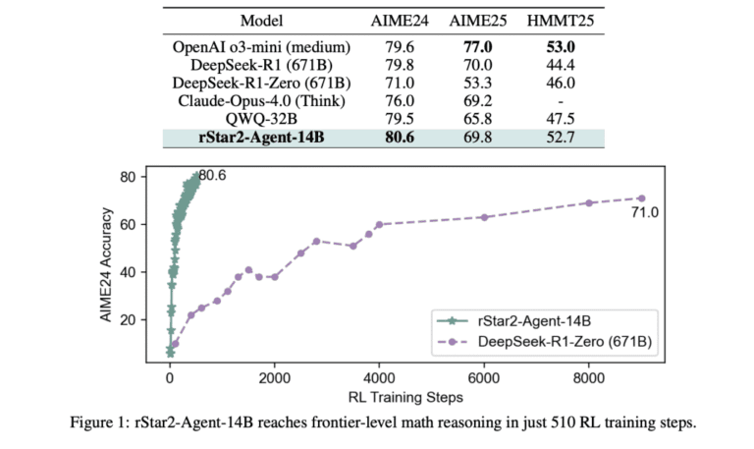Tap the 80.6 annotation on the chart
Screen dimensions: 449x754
pyautogui.click(x=213, y=177)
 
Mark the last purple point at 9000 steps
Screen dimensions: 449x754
pyautogui.click(x=641, y=198)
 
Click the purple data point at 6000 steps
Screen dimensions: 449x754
pyautogui.click(x=484, y=217)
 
